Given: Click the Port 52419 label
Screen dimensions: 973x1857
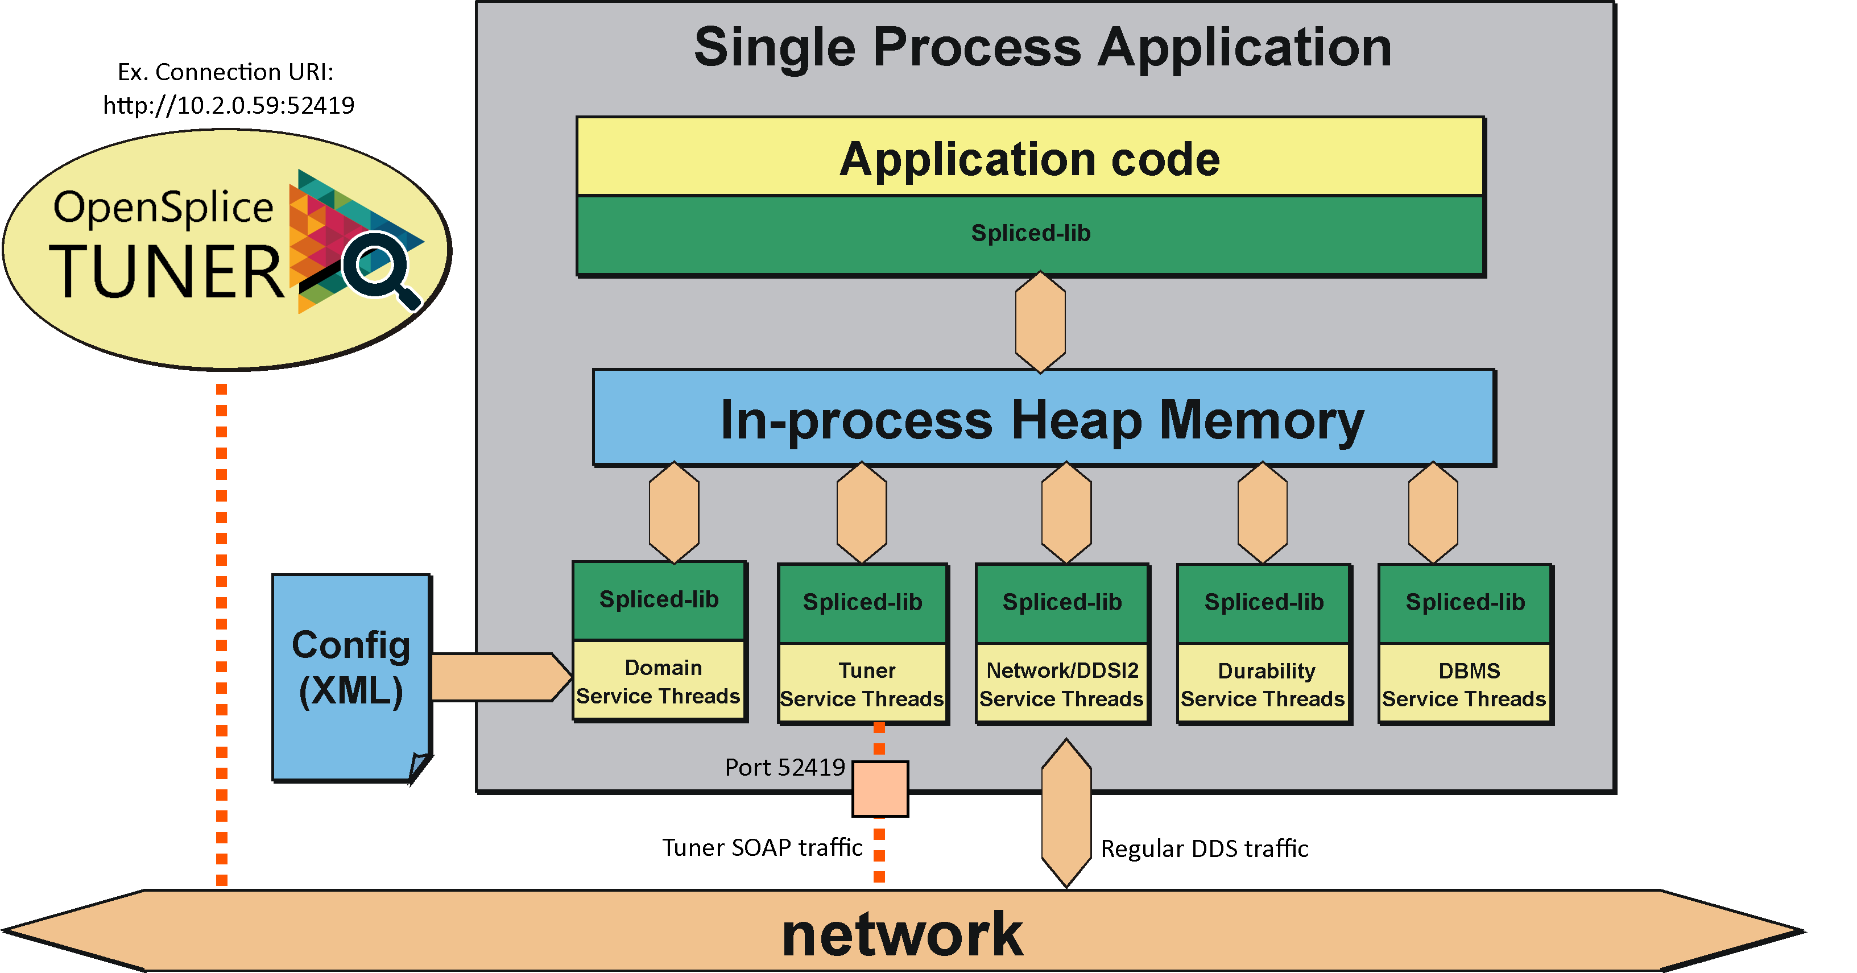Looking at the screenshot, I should point(784,767).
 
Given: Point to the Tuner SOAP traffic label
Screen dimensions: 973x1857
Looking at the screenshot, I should point(762,847).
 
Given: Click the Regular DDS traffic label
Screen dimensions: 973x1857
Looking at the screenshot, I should point(1204,848).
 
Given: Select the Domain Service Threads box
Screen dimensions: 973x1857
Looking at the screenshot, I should point(658,681).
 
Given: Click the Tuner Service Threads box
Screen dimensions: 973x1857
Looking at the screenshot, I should point(862,684).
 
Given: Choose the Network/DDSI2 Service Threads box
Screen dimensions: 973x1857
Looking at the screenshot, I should point(1062,684).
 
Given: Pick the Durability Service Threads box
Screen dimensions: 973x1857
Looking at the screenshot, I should point(1263,684).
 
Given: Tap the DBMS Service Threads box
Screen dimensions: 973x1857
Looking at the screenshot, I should point(1464,684).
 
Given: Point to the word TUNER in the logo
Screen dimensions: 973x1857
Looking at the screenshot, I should point(166,272).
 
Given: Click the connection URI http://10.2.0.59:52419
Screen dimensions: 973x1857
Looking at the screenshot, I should point(229,105).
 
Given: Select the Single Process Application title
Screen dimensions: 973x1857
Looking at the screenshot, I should point(1043,48).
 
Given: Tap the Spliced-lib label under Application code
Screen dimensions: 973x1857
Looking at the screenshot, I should point(1030,233).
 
